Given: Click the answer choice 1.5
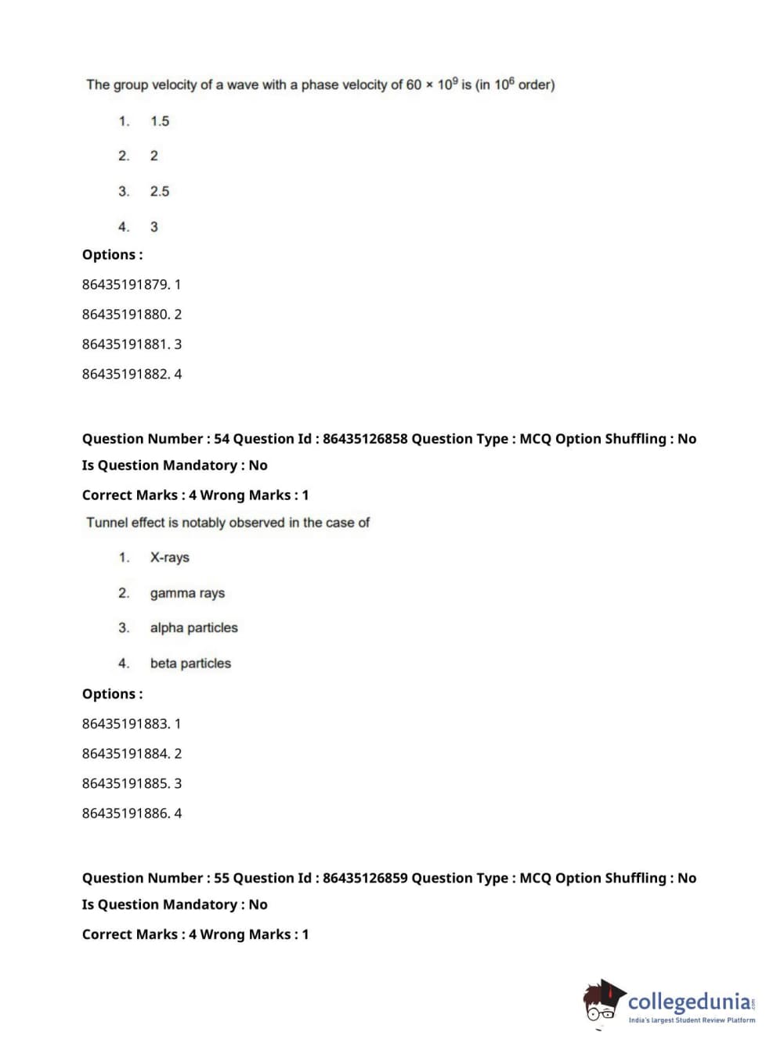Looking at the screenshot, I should click(x=160, y=121).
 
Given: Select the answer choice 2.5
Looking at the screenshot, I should click(x=160, y=191).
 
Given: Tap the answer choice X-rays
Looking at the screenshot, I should click(x=169, y=557).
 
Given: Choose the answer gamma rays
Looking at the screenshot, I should click(x=187, y=593).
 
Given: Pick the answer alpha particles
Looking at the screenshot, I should click(x=193, y=628).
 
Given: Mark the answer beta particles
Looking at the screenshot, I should click(x=190, y=664).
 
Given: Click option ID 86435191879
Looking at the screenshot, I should click(x=125, y=284).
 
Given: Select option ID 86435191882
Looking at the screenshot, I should click(x=125, y=374).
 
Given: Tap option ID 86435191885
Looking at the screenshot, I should click(x=125, y=783).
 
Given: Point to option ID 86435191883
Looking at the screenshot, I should click(x=125, y=724).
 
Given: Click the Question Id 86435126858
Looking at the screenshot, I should click(x=365, y=439).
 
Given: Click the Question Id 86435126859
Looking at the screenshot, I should click(x=365, y=878).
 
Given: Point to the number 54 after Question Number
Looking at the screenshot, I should click(x=222, y=439).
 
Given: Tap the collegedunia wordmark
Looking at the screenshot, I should click(x=689, y=1001).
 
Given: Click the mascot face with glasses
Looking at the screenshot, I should click(x=602, y=1005).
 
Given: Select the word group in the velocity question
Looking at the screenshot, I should click(x=131, y=85).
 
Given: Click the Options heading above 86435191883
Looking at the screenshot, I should click(x=112, y=694).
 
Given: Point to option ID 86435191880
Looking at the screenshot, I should click(x=125, y=314).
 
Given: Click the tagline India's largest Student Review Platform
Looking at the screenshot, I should click(x=692, y=1020).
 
